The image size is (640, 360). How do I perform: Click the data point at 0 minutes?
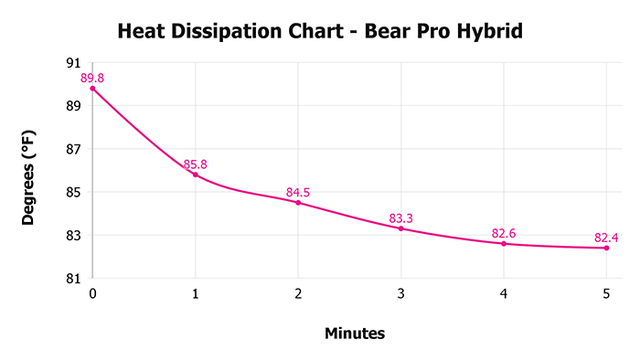(92, 89)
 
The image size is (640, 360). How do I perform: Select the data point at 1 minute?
(195, 175)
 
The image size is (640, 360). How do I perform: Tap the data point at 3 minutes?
(400, 228)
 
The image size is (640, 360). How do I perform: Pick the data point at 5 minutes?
(606, 248)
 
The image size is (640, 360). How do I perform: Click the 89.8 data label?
(92, 79)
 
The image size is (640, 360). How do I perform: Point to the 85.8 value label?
(195, 164)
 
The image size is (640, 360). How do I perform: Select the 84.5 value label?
(298, 193)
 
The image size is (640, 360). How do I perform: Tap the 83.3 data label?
(400, 218)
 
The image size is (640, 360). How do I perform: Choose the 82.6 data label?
(504, 234)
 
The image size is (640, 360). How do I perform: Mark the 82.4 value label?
(606, 238)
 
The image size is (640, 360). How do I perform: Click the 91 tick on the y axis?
(72, 63)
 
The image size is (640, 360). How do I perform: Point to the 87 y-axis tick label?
(72, 149)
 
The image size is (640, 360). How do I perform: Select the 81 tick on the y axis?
(72, 279)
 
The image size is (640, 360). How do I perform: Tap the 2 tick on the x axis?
(298, 294)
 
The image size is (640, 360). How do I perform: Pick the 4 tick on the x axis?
(504, 294)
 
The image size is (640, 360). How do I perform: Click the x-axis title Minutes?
(355, 334)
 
